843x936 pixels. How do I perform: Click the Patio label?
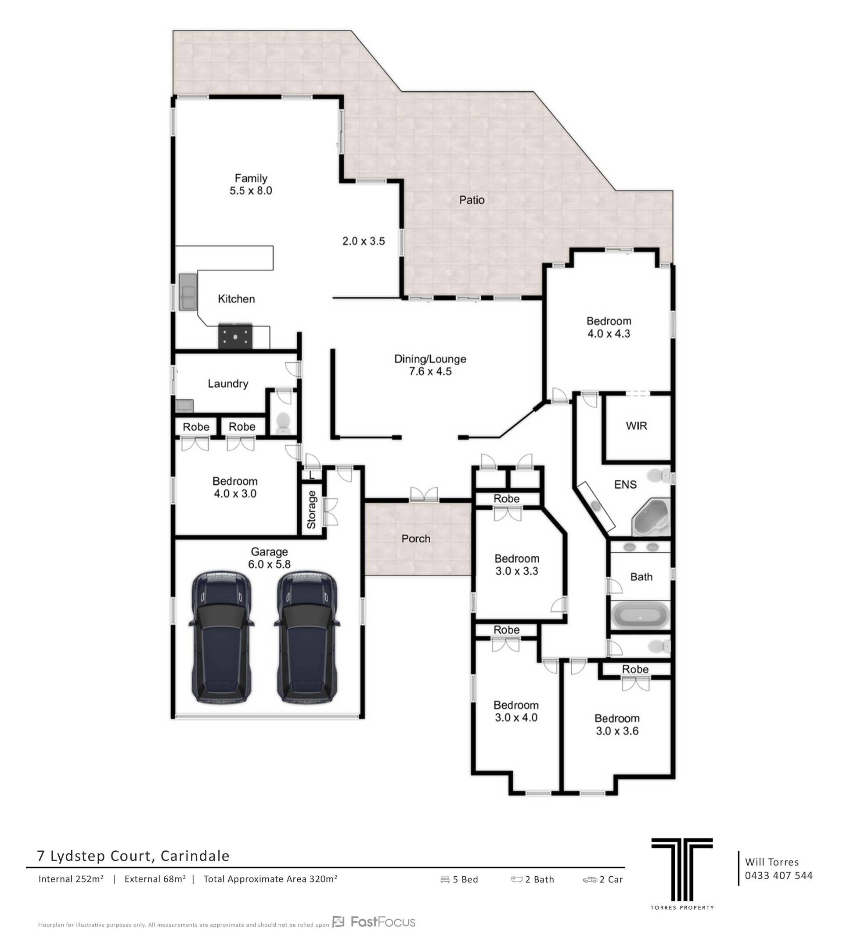point(472,200)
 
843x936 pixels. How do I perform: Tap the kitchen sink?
point(188,292)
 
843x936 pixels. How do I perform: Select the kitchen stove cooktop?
point(236,337)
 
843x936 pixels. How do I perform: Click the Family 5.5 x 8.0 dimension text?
point(251,191)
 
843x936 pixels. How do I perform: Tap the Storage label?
point(311,509)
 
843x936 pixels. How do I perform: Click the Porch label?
point(416,539)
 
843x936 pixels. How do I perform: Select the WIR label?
point(636,425)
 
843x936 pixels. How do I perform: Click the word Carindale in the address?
point(195,856)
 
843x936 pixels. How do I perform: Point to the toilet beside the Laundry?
point(283,423)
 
